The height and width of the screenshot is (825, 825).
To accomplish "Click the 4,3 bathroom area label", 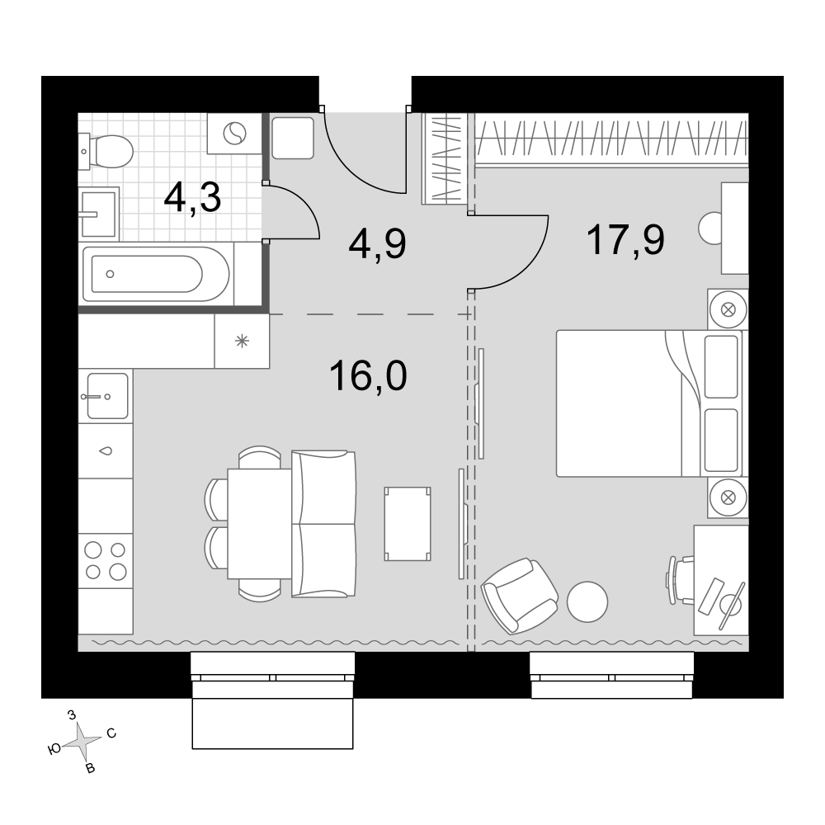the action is (192, 198).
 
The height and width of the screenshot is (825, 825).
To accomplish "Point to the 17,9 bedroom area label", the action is (625, 239).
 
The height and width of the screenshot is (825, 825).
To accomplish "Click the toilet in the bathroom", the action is (106, 151).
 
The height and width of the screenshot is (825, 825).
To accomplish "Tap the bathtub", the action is (156, 274).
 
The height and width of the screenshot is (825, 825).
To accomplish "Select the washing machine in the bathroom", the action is (234, 134).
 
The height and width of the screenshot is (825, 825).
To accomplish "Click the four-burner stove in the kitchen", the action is (106, 560).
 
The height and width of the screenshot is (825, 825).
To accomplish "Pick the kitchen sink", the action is (107, 396).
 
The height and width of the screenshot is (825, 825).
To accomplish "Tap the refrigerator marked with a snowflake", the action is (242, 342).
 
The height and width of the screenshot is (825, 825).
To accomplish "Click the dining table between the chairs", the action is (259, 524).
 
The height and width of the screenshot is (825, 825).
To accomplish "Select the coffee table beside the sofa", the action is (408, 524).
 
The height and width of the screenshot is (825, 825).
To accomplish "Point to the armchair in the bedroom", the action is (520, 595).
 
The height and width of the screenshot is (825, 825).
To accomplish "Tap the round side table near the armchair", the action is (587, 602).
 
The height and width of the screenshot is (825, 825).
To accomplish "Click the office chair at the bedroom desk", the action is (681, 581).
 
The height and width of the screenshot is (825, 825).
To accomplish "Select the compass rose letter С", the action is (111, 733).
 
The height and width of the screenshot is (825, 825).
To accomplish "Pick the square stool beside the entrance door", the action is (293, 138).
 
